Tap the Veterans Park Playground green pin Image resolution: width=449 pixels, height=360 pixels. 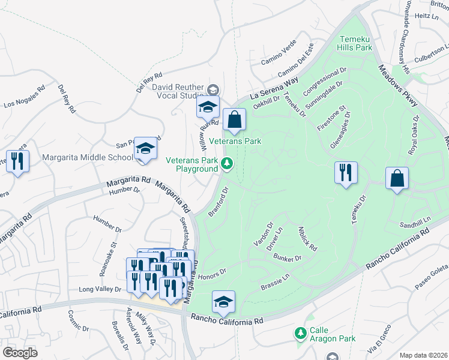tap(227, 163)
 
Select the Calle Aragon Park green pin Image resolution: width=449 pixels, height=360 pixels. tap(300, 332)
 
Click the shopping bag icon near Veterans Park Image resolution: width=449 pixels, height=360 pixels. tap(235, 120)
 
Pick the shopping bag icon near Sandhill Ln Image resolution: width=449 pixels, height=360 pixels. tap(397, 179)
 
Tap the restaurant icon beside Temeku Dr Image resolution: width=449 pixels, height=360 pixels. tap(346, 173)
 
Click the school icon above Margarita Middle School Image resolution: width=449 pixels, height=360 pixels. tap(145, 148)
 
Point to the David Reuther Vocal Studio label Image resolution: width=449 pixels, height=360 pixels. tap(177, 91)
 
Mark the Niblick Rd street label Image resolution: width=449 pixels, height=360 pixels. tap(307, 239)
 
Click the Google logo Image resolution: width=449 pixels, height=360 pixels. tap(20, 352)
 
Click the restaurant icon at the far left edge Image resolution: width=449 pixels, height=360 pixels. tap(17, 161)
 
